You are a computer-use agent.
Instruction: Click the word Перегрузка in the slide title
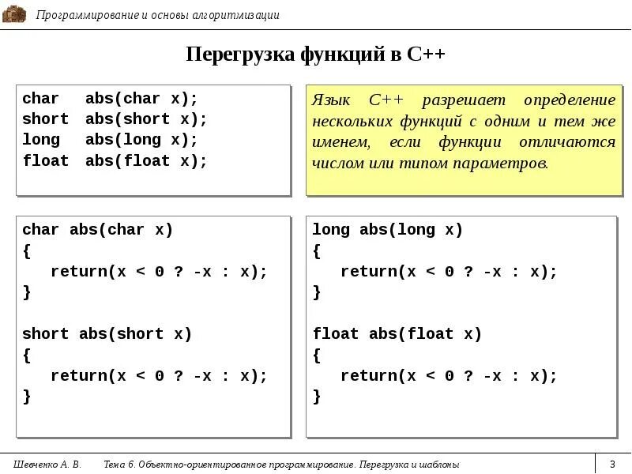pos(239,55)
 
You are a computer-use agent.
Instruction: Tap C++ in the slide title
pos(427,55)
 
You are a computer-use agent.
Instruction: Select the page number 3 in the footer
pos(611,464)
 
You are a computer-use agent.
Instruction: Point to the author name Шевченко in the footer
pos(36,465)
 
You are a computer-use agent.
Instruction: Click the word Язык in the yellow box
pos(329,101)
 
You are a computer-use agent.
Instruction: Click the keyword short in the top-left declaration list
pos(45,119)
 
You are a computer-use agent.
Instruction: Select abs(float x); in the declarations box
pos(146,161)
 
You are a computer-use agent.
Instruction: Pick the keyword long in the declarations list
pos(41,140)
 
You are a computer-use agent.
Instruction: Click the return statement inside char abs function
pos(159,272)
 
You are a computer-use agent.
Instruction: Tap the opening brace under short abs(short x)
pos(27,355)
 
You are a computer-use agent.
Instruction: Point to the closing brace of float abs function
pos(317,397)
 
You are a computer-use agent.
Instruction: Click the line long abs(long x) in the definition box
pos(387,230)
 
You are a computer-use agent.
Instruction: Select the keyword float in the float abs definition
pos(336,334)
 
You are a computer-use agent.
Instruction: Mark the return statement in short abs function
pos(159,376)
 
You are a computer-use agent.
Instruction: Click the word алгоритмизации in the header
pos(237,15)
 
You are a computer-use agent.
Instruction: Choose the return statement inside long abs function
pos(449,272)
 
